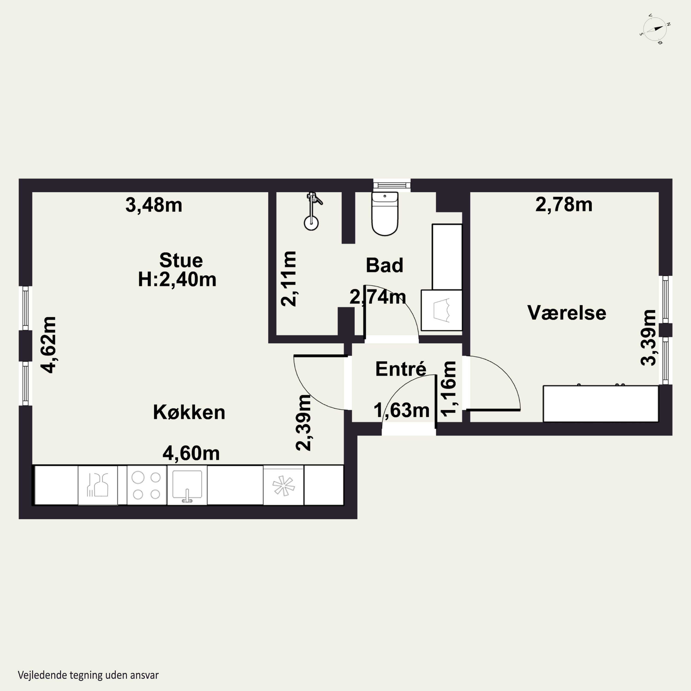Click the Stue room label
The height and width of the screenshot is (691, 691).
(181, 260)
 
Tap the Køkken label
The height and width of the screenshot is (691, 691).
(189, 412)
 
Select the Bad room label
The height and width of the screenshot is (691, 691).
(384, 265)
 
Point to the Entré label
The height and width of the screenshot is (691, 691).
(401, 369)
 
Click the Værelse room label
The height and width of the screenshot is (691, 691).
(567, 313)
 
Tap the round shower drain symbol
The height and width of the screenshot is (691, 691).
(311, 223)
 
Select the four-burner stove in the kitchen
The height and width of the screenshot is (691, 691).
(147, 485)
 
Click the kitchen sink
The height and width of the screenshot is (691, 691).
(187, 485)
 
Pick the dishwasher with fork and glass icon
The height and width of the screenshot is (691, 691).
(98, 485)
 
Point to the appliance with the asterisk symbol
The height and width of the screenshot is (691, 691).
(283, 485)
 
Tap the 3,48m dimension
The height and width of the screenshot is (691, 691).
(154, 205)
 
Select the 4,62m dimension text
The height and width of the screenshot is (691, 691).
(48, 345)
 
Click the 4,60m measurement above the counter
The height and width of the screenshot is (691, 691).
(191, 454)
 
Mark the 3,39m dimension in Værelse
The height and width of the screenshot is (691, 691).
(648, 338)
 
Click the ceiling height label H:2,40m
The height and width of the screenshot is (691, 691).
(177, 279)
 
